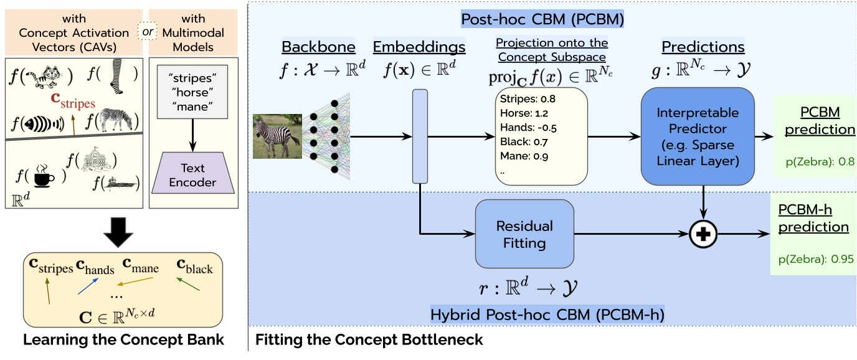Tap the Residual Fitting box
pos(524,234)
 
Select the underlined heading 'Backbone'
pos(319,47)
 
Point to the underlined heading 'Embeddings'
pos(419,47)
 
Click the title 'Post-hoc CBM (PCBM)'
pos(542,19)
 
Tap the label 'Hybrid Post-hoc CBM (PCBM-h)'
pos(547,315)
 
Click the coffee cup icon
pos(42,177)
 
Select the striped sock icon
pos(116,78)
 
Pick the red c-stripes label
pos(73,100)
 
